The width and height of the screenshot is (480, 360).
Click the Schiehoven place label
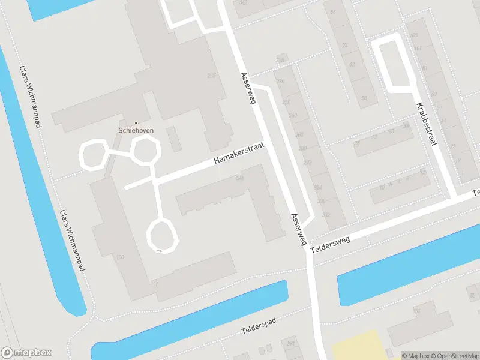point(136,130)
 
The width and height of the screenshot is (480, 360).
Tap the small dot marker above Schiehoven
point(136,123)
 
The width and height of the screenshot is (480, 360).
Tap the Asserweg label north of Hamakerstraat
point(248,89)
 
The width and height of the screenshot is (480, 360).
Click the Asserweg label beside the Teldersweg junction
point(298,229)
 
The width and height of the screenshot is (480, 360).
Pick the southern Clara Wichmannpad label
point(71,240)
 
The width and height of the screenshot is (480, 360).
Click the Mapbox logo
point(26,353)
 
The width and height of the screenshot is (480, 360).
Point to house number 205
point(211,76)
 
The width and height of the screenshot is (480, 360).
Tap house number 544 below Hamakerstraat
point(240,178)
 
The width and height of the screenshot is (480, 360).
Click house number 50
point(364,98)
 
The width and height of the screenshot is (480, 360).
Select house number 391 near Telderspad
point(291,344)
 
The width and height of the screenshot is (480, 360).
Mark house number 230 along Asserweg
point(280,82)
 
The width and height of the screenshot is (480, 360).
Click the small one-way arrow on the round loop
point(160,250)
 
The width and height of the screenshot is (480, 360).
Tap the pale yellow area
point(360,346)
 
